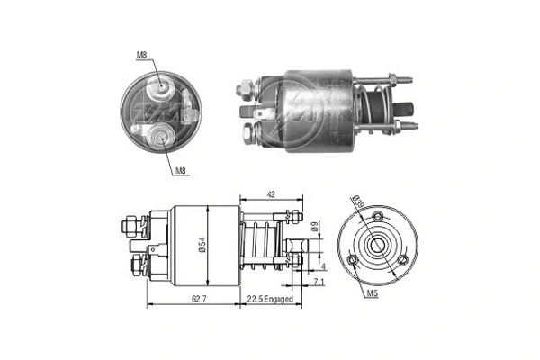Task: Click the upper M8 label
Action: pyautogui.click(x=141, y=56)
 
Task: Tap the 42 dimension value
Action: pyautogui.click(x=270, y=193)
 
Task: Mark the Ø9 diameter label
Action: pyautogui.click(x=314, y=229)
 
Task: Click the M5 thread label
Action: pyautogui.click(x=371, y=294)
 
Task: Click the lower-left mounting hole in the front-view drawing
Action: pyautogui.click(x=354, y=261)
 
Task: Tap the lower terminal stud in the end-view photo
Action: pyautogui.click(x=160, y=137)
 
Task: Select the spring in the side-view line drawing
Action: pyautogui.click(x=262, y=242)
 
